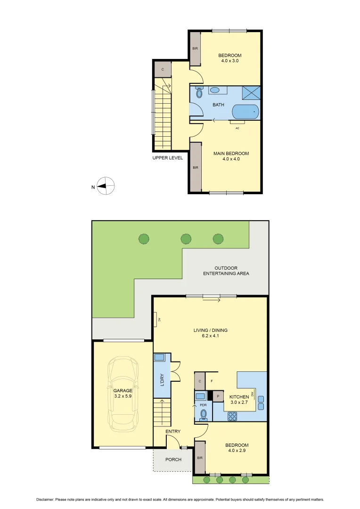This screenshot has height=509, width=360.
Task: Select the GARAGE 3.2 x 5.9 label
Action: click(x=123, y=394)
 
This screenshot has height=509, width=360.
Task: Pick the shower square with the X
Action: click(x=251, y=93)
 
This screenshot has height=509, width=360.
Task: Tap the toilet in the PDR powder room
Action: click(x=204, y=414)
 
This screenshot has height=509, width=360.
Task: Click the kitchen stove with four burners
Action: click(x=233, y=416)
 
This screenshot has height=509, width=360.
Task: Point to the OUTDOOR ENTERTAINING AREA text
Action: click(x=226, y=271)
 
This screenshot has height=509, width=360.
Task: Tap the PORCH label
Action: click(x=173, y=460)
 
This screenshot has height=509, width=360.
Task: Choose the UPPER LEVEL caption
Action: click(x=167, y=158)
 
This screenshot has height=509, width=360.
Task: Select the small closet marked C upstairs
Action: click(x=163, y=69)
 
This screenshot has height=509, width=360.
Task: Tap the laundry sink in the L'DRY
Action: click(x=159, y=358)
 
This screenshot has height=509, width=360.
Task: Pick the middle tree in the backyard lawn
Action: click(x=186, y=238)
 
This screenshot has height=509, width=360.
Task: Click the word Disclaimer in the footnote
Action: click(x=45, y=500)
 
